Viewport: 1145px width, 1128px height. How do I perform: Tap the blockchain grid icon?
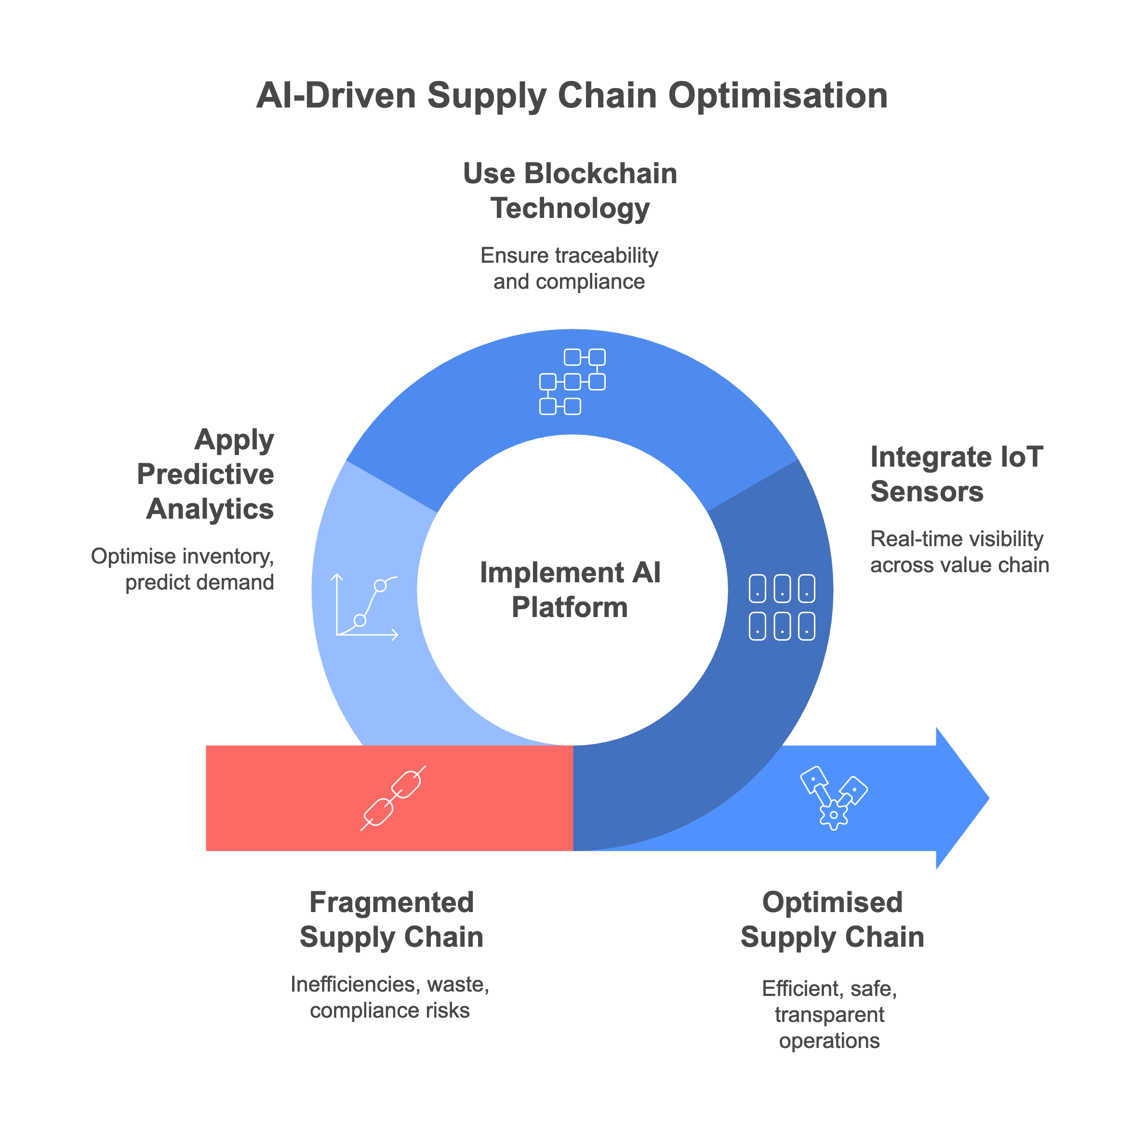pos(572,381)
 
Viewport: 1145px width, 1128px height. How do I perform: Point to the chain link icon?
pos(393,798)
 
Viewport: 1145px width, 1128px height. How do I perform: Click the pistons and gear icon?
pos(833,797)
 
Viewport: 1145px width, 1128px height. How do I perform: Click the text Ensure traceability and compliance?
pos(569,269)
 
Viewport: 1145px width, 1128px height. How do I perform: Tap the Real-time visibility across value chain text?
pos(959,551)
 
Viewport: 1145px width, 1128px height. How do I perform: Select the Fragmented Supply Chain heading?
pos(391,919)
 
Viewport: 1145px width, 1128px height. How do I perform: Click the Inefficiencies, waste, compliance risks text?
pos(390,997)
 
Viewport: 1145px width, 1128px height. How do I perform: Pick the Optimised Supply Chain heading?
pos(832,919)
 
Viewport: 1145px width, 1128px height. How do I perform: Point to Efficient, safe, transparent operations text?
pos(829,1014)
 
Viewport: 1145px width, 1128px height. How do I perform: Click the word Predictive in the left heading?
pos(206,474)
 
